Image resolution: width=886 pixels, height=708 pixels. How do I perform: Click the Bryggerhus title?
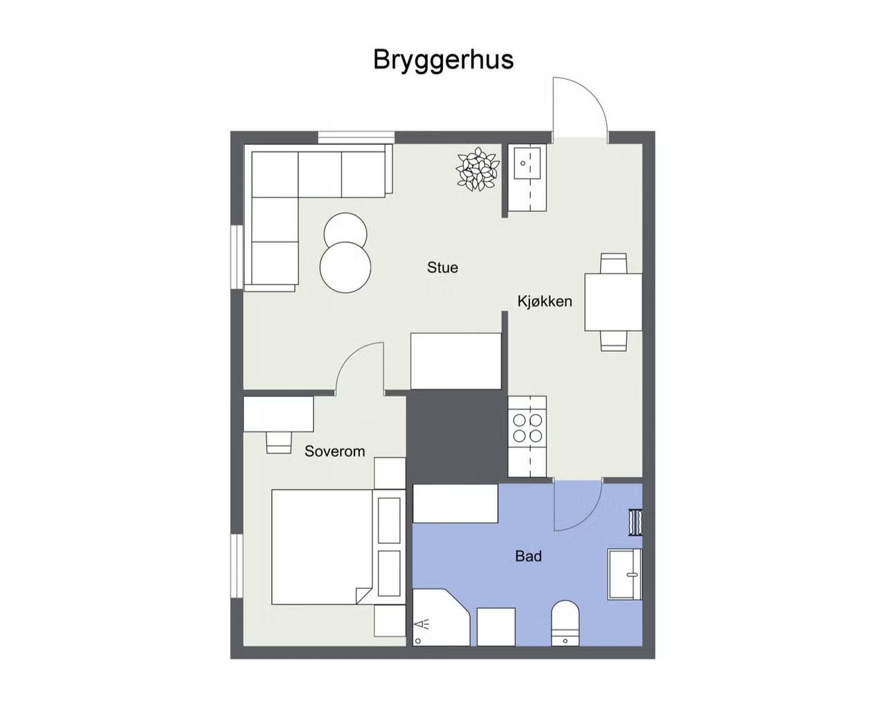(443, 60)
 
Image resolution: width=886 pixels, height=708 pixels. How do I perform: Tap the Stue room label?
(442, 267)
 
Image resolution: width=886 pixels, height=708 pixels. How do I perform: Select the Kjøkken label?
(544, 301)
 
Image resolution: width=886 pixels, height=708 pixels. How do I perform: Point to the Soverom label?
(334, 451)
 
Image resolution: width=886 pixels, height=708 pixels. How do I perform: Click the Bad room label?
(528, 556)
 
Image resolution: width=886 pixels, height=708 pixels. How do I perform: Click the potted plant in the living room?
(477, 169)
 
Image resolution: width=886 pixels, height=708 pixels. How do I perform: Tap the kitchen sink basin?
(527, 163)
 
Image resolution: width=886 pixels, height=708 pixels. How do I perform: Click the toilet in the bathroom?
(565, 623)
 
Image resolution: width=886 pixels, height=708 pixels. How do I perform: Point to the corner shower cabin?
(440, 617)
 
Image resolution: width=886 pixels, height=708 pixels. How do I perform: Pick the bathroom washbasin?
(624, 574)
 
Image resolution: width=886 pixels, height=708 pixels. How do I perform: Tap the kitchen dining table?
(613, 301)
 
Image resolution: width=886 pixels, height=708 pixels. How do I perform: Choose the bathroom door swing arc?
(587, 518)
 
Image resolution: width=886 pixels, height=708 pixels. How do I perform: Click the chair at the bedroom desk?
(279, 442)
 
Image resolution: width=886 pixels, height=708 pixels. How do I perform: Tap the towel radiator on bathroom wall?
(635, 522)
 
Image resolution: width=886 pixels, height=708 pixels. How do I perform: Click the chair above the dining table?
(613, 263)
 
